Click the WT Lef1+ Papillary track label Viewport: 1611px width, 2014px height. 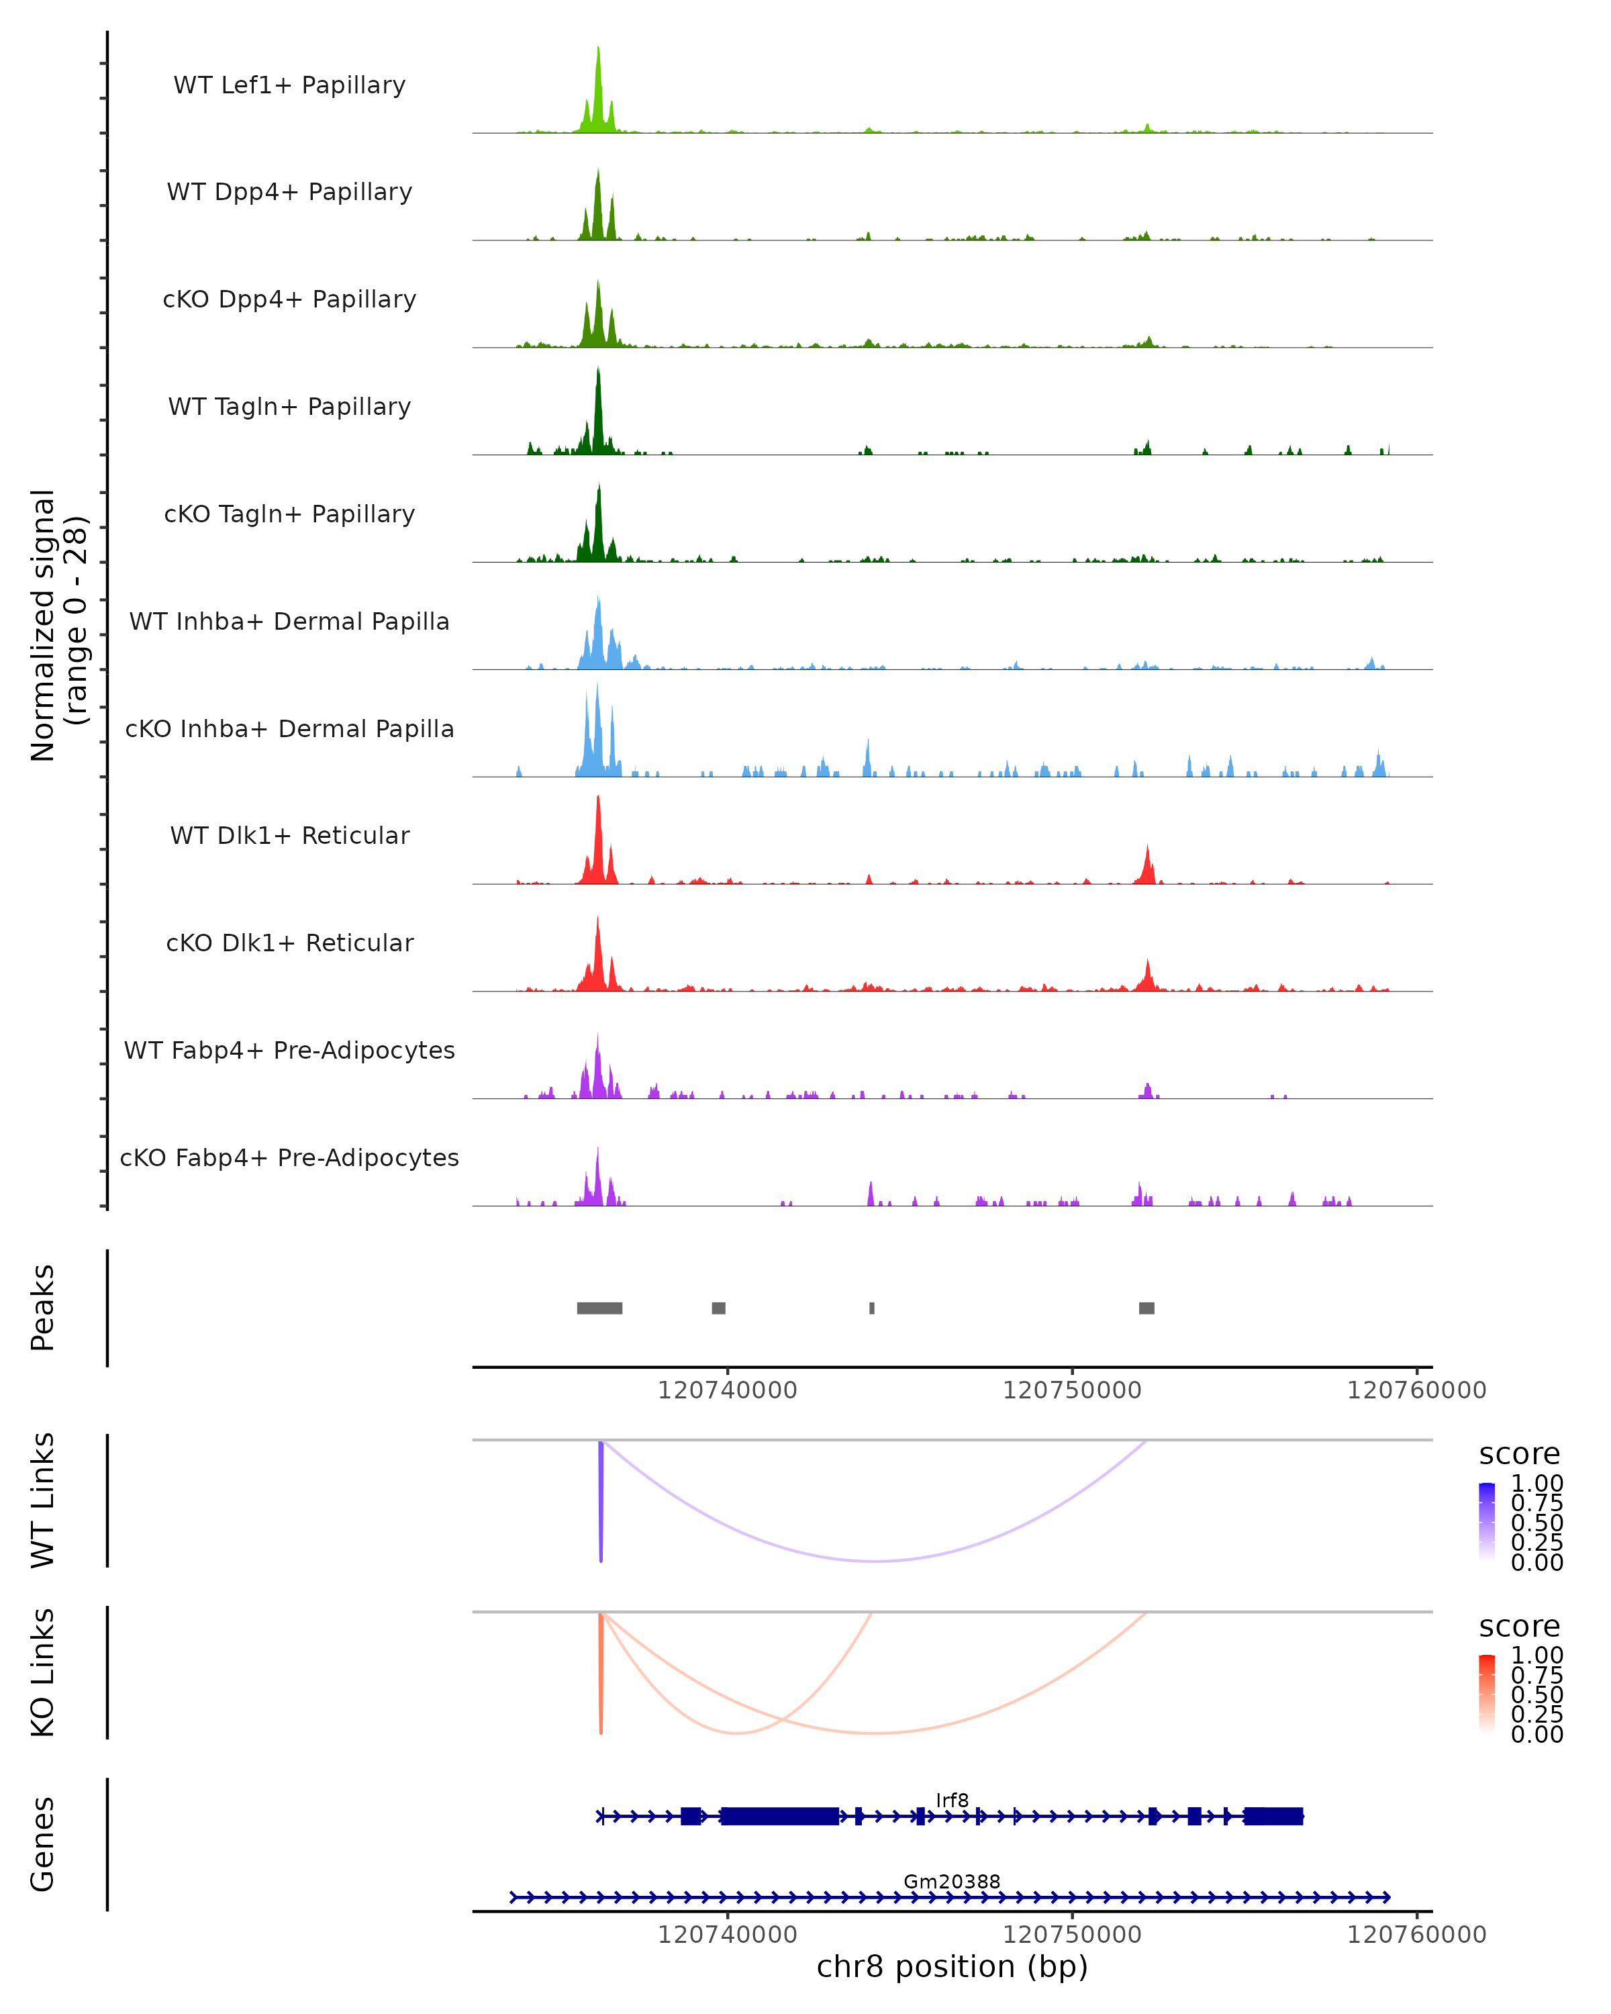tap(289, 85)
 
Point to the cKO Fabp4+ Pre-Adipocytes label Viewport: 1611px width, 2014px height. tap(289, 1157)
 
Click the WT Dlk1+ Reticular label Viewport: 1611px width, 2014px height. tap(289, 836)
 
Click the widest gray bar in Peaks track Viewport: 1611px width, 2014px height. tap(599, 1308)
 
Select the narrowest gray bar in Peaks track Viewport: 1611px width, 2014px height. tap(872, 1308)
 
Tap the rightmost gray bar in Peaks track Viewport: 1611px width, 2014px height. tap(1147, 1308)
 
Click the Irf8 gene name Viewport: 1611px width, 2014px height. tap(953, 1800)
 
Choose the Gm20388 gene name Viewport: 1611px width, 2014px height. tap(952, 1881)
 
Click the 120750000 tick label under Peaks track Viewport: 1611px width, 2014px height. tap(1072, 1390)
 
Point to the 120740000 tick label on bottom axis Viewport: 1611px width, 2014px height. tap(728, 1935)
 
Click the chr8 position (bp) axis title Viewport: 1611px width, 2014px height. tap(952, 1967)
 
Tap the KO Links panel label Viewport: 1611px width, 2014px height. tap(43, 1673)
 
